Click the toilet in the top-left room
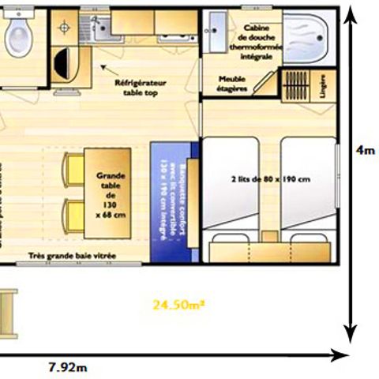click(15, 34)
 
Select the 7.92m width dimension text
click(67, 367)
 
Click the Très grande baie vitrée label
click(72, 256)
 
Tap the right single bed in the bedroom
click(310, 189)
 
